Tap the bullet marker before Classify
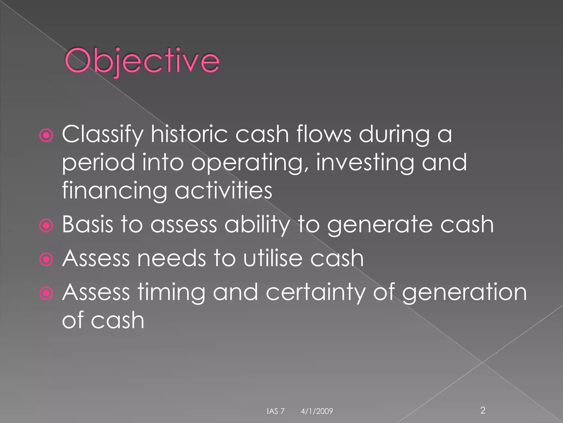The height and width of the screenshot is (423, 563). [x=46, y=135]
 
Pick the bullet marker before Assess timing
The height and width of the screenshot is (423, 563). [x=46, y=293]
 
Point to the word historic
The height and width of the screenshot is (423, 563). [x=189, y=134]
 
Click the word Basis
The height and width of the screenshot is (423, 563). [x=87, y=224]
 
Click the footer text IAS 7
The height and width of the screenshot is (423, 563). [x=275, y=411]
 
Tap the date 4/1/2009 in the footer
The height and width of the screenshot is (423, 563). [x=317, y=411]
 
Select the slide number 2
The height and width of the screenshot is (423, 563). [x=482, y=410]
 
